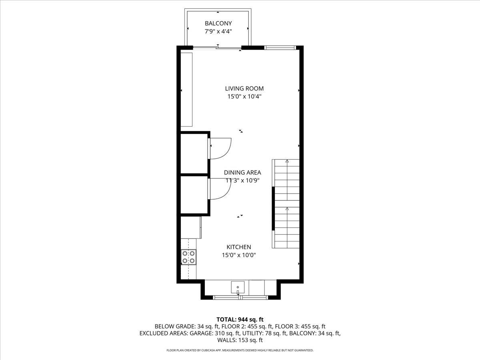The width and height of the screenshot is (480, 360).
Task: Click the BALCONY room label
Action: [218, 23]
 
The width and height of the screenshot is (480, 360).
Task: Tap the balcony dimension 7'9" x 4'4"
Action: [218, 31]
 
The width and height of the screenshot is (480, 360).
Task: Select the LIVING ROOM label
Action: [244, 88]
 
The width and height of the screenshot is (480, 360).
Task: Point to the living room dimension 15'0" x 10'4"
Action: [244, 96]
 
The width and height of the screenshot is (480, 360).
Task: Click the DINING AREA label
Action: [242, 172]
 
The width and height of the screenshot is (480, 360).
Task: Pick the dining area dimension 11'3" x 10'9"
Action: [242, 180]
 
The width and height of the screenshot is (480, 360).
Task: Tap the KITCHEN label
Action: [239, 247]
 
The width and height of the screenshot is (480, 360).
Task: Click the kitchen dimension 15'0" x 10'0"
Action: [239, 255]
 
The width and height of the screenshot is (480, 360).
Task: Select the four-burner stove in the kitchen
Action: [188, 257]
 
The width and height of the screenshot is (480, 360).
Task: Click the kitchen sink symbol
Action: [238, 287]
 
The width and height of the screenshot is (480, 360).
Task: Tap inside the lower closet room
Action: [194, 195]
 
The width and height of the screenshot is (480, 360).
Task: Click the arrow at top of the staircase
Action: [287, 161]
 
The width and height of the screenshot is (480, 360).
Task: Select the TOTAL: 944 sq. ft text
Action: [240, 319]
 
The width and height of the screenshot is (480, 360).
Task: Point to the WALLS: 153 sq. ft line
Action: [240, 340]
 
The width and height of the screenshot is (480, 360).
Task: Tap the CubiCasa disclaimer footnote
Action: [240, 350]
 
